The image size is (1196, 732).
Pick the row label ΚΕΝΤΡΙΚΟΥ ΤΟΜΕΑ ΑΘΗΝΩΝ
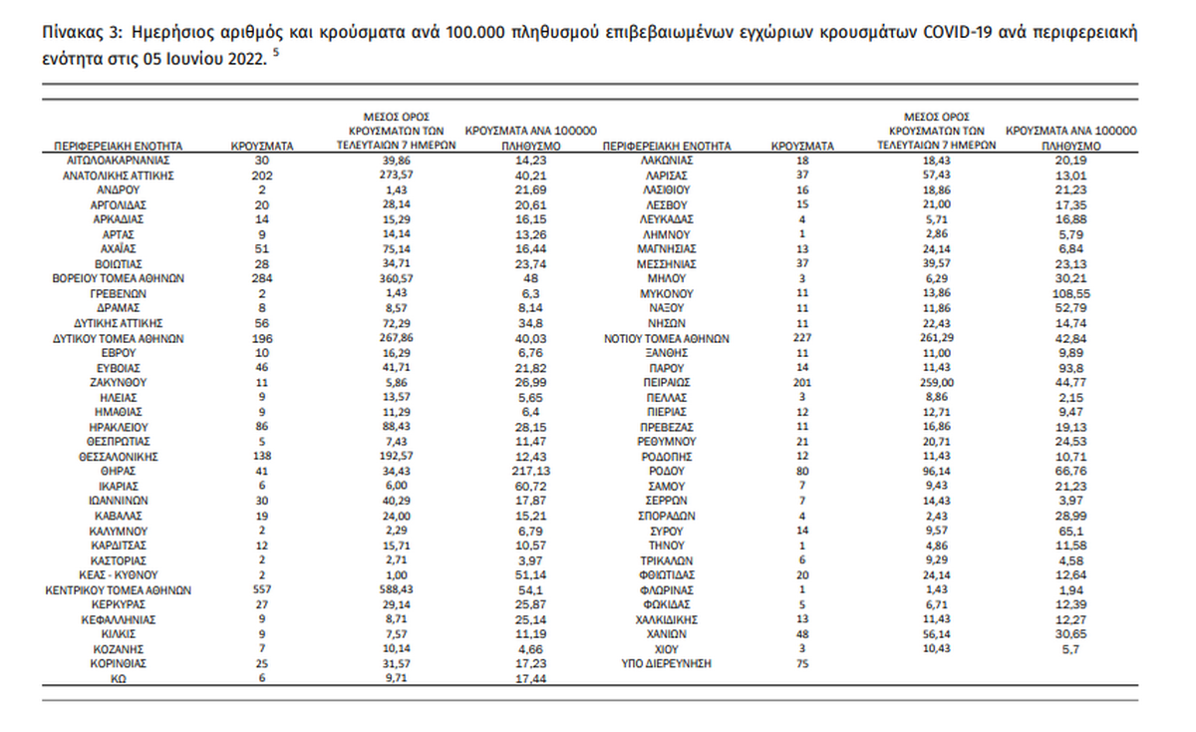pyautogui.click(x=118, y=590)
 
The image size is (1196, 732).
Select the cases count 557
pyautogui.click(x=262, y=590)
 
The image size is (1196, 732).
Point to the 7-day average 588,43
pyautogui.click(x=398, y=590)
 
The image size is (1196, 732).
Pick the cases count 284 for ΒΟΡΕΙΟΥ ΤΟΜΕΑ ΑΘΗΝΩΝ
pyautogui.click(x=262, y=280)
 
